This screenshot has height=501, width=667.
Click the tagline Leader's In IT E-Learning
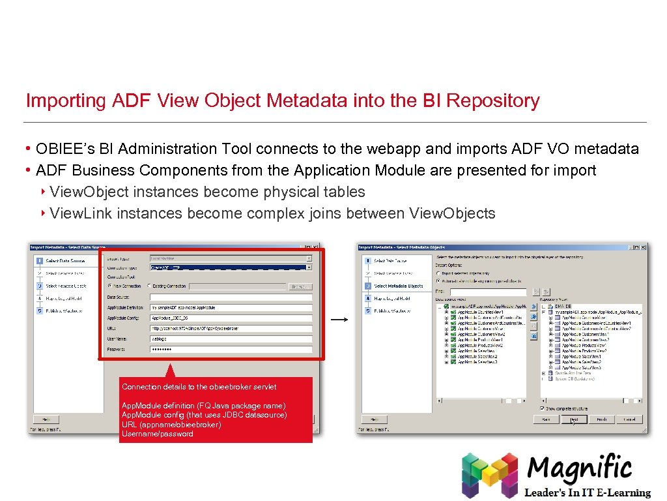[588, 493]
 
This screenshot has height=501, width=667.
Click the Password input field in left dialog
[231, 349]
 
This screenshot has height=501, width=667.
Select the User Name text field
[231, 339]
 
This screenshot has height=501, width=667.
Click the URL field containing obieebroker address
[231, 328]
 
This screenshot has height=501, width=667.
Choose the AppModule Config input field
[231, 318]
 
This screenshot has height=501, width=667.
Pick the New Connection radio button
[109, 286]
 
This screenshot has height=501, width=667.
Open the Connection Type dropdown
[231, 267]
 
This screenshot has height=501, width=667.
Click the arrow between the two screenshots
[339, 320]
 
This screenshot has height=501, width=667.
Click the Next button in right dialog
[578, 419]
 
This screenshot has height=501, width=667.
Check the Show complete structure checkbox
[543, 408]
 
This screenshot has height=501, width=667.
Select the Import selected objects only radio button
[438, 273]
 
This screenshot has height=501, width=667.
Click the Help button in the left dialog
[46, 419]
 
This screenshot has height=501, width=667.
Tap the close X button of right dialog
[644, 247]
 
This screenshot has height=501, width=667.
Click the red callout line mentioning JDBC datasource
[204, 415]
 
